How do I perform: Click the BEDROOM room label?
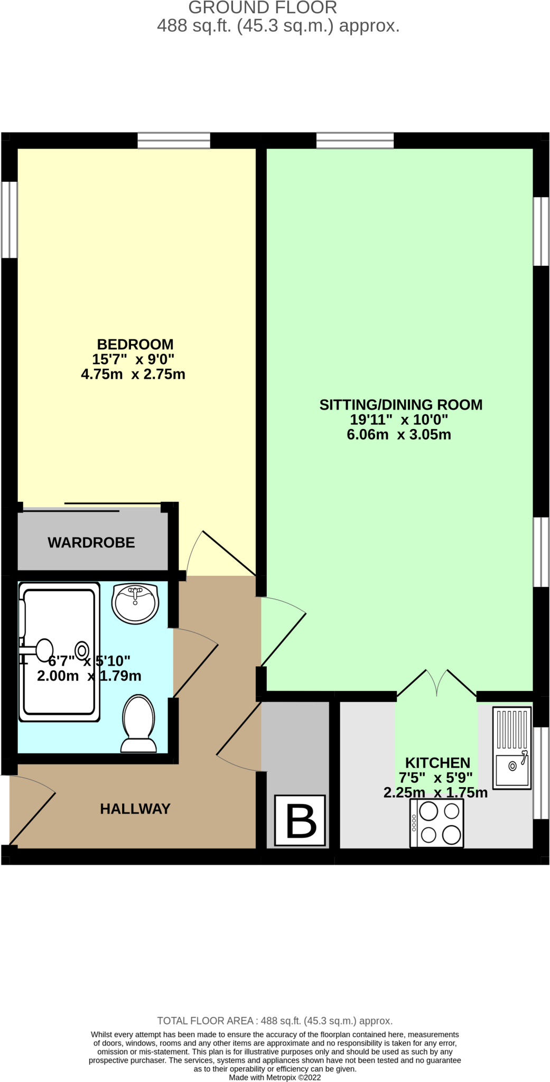pos(135,344)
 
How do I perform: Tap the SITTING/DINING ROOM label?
pos(400,405)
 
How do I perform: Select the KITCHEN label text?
pos(437,763)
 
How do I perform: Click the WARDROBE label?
pos(91,543)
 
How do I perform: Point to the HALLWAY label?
pos(135,809)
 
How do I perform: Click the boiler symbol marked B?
pos(300,820)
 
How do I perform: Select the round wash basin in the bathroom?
pos(135,603)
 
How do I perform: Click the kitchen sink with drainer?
pos(511,747)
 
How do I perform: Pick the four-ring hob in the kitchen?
pos(437,823)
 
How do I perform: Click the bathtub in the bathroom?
pos(59,652)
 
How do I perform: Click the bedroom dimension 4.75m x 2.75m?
pos(133,375)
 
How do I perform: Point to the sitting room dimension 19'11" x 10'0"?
pos(399,420)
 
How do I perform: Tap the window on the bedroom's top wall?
pos(174,141)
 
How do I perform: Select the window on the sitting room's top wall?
pos(355,141)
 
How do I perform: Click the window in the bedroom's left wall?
pos(9,220)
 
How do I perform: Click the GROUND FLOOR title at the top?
pos(263,8)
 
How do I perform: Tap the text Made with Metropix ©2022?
pos(275,1077)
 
